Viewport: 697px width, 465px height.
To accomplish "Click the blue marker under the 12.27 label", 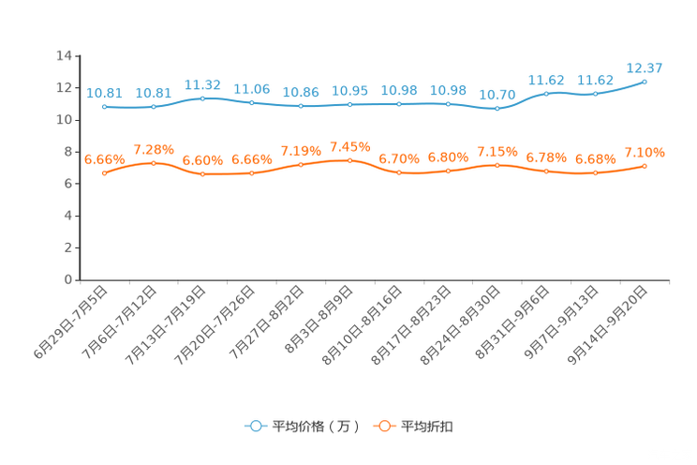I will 645,82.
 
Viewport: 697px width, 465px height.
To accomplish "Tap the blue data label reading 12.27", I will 645,67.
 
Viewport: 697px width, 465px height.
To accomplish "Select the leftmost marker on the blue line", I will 104,106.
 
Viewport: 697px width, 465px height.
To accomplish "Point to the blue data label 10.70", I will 497,94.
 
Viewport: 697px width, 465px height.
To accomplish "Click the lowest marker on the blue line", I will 497,108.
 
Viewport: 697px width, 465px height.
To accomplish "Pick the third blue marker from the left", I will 202,97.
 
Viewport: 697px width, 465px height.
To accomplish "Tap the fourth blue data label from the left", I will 251,88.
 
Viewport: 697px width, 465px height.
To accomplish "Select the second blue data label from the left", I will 153,92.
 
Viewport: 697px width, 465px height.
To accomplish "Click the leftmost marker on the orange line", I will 104,173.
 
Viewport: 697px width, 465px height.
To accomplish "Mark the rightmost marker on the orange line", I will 645,166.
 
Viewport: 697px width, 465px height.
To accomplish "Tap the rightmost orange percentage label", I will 645,151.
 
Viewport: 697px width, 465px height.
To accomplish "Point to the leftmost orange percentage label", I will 104,158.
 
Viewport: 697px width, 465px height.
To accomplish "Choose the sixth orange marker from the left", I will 350,160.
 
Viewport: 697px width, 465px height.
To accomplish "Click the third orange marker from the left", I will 202,174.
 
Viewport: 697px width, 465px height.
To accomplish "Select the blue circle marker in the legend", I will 254,426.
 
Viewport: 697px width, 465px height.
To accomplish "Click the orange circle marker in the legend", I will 383,426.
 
